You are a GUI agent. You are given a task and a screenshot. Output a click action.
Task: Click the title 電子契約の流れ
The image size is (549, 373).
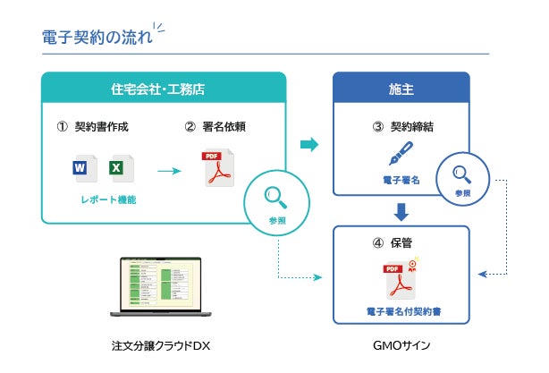97,38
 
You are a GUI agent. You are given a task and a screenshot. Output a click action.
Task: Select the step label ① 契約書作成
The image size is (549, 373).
93,126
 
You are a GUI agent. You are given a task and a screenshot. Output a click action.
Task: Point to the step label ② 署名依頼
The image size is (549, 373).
215,126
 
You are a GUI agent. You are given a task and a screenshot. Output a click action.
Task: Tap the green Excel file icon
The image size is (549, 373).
116,168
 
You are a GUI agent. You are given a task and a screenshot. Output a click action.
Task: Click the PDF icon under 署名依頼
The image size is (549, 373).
215,168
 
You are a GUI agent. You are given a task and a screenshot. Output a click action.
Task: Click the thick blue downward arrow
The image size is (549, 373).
401,212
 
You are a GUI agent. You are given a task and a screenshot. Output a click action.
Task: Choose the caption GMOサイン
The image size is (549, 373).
401,345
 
